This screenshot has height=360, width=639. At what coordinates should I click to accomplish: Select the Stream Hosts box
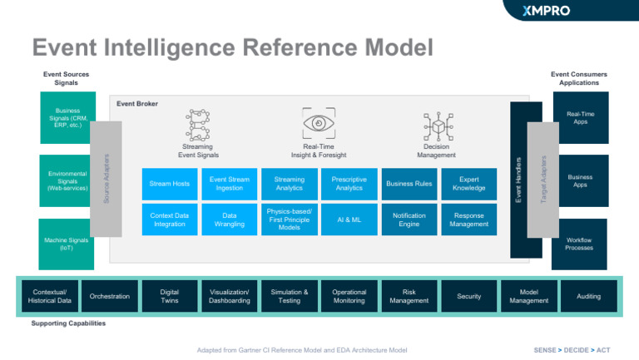pos(170,183)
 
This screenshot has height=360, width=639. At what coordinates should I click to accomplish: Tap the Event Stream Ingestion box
pos(230,183)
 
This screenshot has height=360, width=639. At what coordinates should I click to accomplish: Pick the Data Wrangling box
pos(230,219)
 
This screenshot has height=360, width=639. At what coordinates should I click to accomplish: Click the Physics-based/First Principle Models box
pos(290,219)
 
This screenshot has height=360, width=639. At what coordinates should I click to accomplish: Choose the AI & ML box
pos(349,219)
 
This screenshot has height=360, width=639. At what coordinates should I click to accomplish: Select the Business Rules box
pos(409,183)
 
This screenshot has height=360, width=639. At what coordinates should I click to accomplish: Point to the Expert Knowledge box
pos(468,183)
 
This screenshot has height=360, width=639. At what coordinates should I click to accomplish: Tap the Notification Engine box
pos(409,219)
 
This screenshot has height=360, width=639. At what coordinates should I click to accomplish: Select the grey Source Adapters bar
pos(106,178)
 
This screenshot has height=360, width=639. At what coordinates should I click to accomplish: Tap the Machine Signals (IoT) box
pos(67,244)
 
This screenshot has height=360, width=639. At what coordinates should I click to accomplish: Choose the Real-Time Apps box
pos(580,118)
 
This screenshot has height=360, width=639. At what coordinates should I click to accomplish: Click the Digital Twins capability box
pos(170,297)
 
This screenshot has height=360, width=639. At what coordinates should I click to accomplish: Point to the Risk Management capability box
pos(409,297)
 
